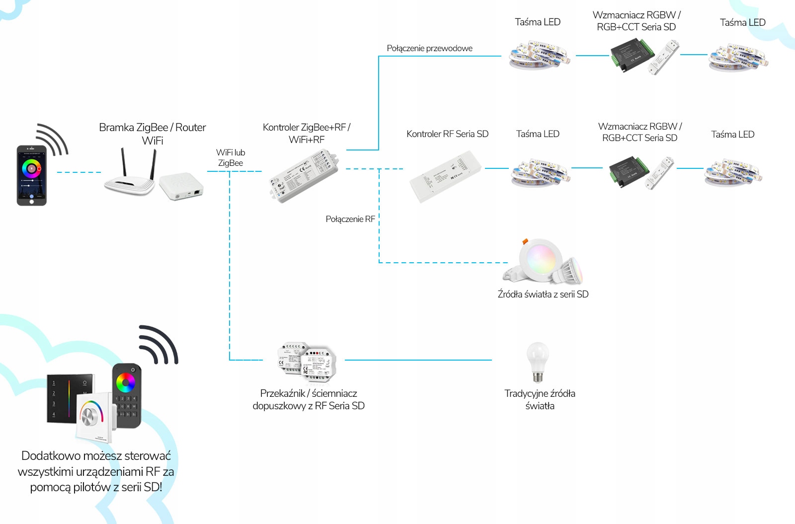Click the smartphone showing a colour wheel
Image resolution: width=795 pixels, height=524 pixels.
point(31,175)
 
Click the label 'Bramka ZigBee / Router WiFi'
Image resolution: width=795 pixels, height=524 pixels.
point(152,134)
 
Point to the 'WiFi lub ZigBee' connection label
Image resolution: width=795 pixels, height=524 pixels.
point(231,157)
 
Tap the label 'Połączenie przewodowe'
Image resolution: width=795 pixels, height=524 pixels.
point(429,48)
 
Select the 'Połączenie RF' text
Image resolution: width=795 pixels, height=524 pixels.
point(350,219)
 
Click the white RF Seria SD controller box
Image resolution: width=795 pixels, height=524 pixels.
point(445,176)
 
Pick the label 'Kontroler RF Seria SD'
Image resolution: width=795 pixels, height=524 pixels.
point(447,134)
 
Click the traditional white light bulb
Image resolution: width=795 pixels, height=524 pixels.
point(538,362)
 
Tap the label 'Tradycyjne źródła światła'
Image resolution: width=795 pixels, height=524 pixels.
point(540,399)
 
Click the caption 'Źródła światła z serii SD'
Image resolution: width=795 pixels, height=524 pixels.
point(543,294)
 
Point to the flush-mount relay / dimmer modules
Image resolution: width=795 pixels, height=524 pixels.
point(307,363)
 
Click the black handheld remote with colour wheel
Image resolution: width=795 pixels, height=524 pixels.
point(127,395)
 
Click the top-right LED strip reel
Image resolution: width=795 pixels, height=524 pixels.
point(737,58)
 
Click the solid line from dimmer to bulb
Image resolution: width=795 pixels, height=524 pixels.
point(417,360)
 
